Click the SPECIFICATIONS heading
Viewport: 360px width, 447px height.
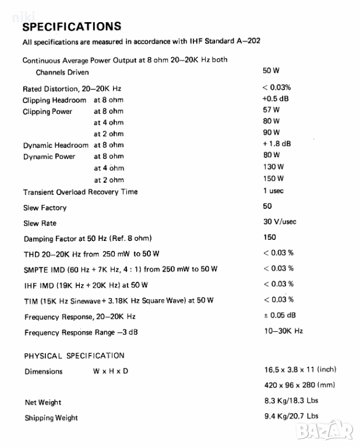72,26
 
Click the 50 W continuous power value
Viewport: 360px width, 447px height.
271,71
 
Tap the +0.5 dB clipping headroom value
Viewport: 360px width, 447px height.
276,98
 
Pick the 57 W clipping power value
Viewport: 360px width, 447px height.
271,109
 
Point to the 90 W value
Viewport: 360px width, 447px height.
271,133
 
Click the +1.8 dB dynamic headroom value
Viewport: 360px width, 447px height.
277,144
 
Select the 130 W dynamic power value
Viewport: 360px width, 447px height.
273,167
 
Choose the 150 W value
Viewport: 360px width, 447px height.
273,178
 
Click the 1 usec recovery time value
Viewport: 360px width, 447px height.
274,191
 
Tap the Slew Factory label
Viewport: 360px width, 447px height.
45,208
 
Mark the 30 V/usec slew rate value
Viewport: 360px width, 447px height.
280,222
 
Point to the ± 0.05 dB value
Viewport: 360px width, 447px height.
279,315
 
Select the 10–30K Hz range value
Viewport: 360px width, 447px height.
283,331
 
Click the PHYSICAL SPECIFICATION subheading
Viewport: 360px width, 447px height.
74,356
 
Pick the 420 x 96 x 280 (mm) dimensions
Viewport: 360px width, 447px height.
299,385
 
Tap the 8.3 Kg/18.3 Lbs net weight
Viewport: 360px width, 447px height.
291,400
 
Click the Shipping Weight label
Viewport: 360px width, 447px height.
51,418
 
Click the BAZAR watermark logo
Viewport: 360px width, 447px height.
333,431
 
